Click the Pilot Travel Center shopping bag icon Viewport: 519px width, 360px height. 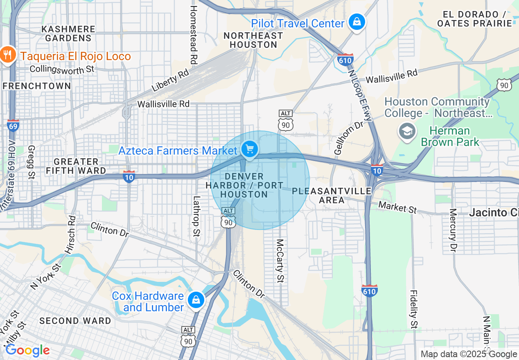pos(357,22)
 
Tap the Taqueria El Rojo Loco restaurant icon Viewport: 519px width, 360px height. pos(7,55)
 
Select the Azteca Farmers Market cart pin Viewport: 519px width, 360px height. pos(249,149)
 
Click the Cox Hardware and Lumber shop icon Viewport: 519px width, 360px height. pos(196,300)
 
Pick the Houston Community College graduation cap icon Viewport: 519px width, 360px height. pos(407,132)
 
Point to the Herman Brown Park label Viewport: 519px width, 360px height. pos(450,137)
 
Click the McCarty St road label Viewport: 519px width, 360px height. pos(280,261)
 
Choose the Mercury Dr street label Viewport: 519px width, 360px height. pos(453,229)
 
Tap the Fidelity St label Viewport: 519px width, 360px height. pos(414,309)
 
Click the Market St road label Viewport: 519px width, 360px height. pos(397,207)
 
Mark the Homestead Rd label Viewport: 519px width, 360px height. pos(194,35)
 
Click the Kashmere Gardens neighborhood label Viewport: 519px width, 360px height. pos(68,34)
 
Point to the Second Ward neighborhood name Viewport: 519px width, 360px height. pos(75,321)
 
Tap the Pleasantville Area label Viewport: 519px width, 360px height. pos(332,196)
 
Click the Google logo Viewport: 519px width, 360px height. pos(27,350)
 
